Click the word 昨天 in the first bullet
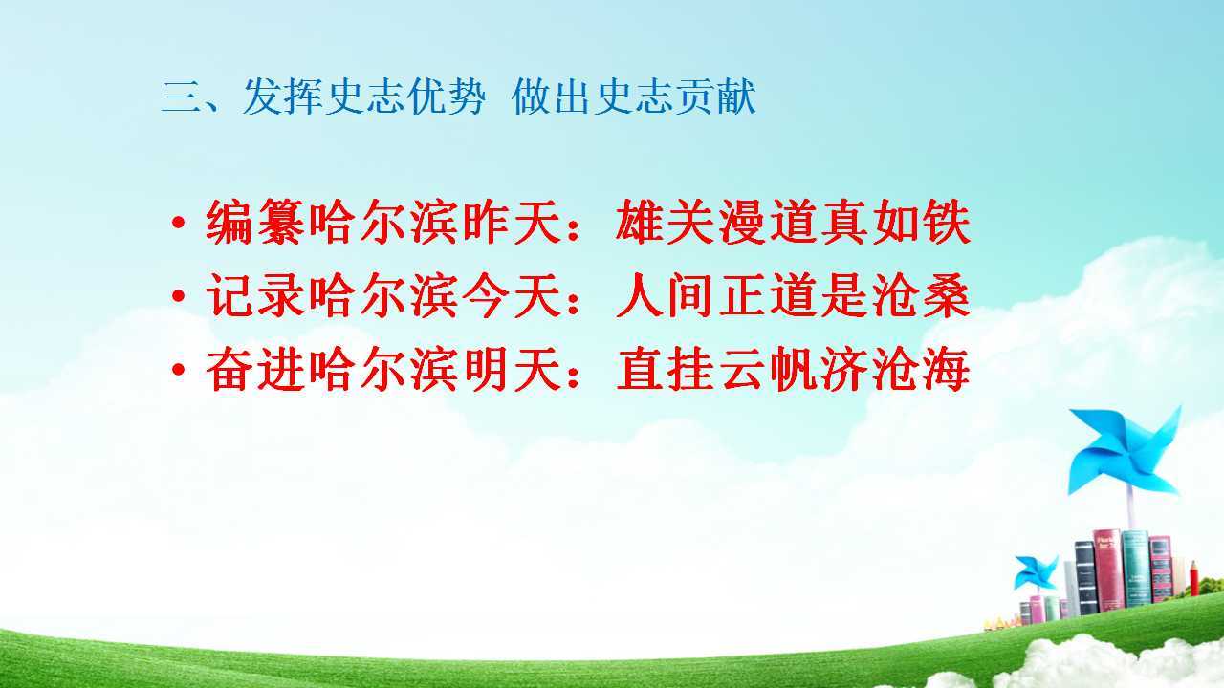[x=514, y=223]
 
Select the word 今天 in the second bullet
[x=514, y=295]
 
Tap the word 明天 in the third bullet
[x=514, y=369]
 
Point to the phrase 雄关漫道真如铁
[x=793, y=223]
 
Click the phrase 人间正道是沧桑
[x=793, y=295]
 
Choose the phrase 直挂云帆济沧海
[x=793, y=369]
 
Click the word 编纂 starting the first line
[x=254, y=223]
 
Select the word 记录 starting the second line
[x=254, y=295]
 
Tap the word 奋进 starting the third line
[x=254, y=369]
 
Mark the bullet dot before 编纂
[x=178, y=223]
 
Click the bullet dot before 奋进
[x=178, y=370]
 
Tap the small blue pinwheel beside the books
[x=1036, y=572]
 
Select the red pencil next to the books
[x=1194, y=578]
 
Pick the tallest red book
[x=1107, y=570]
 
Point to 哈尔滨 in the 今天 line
[x=383, y=295]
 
